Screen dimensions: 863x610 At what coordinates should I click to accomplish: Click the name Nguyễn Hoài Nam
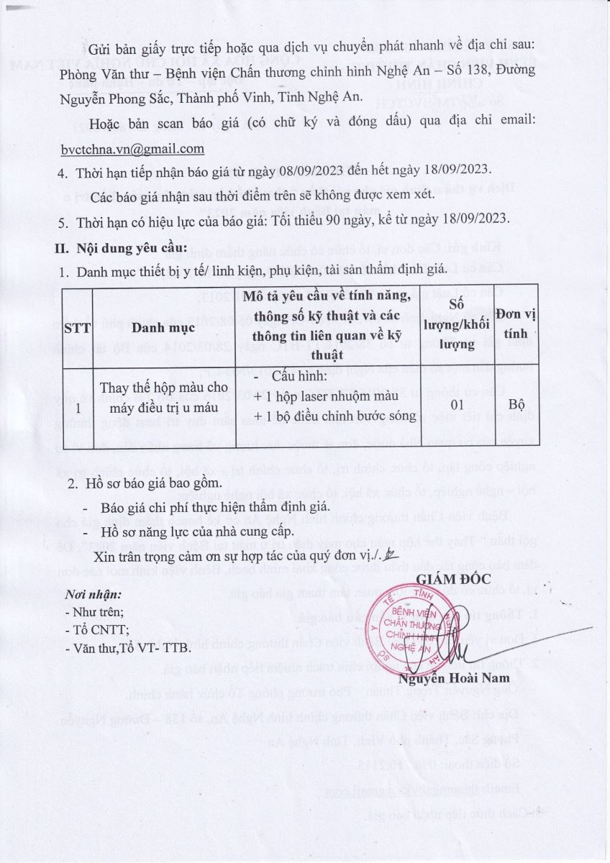pyautogui.click(x=454, y=677)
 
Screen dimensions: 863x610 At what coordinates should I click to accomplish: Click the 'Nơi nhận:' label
pyautogui.click(x=94, y=595)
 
